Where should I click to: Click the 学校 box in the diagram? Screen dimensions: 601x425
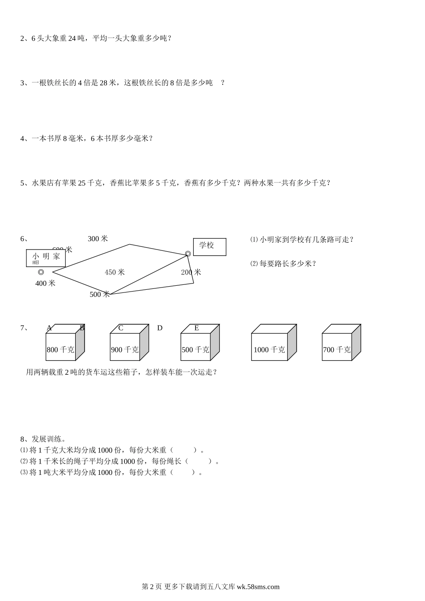pyautogui.click(x=209, y=247)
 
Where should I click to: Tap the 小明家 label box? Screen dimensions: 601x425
pyautogui.click(x=46, y=258)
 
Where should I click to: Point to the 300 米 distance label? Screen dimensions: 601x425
pyautogui.click(x=98, y=239)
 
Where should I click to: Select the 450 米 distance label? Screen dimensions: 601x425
pyautogui.click(x=115, y=272)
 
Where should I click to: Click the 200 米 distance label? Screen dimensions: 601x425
pyautogui.click(x=191, y=272)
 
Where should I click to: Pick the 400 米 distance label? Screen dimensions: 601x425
pyautogui.click(x=45, y=283)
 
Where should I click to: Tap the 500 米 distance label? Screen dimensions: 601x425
pyautogui.click(x=99, y=294)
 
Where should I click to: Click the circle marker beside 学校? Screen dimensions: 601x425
pyautogui.click(x=188, y=254)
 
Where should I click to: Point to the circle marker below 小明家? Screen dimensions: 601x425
pyautogui.click(x=41, y=272)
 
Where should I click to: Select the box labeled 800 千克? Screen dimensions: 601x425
pyautogui.click(x=60, y=347)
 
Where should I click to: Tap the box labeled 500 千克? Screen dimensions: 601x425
pyautogui.click(x=195, y=347)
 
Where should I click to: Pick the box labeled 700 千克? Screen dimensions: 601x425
pyautogui.click(x=337, y=347)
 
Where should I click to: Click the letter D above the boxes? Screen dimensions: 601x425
pyautogui.click(x=160, y=328)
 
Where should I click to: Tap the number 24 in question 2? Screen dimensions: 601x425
pyautogui.click(x=73, y=38)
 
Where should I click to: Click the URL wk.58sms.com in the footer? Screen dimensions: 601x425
pyautogui.click(x=258, y=587)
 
